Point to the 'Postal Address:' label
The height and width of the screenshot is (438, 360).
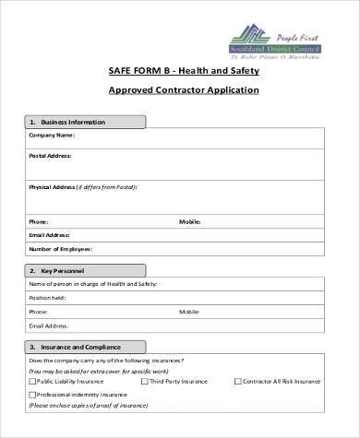coord(52,157)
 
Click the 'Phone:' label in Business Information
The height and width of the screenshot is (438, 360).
coord(39,221)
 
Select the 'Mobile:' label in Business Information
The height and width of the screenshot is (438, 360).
coord(189,221)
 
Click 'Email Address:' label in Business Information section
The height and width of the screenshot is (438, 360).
coord(50,235)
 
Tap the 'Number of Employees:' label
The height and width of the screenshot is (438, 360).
coord(61,249)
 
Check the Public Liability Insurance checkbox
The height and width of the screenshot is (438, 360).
coord(32,380)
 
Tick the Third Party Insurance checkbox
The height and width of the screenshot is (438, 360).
coord(145,380)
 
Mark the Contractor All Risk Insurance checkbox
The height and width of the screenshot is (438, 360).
coord(238,380)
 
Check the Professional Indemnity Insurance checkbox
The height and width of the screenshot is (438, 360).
coord(32,394)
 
